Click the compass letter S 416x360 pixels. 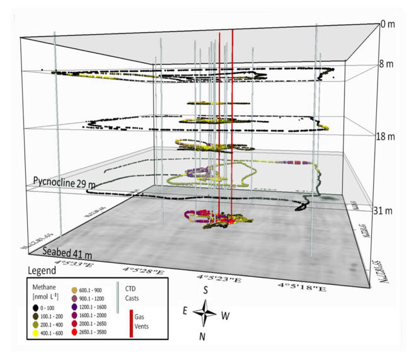pos(205,290)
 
